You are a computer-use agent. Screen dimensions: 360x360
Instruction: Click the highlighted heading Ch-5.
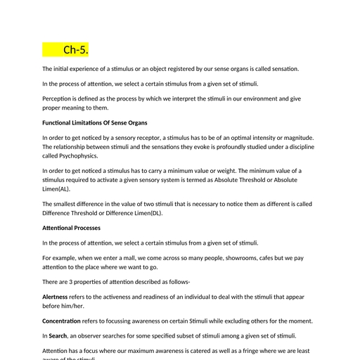pos(76,50)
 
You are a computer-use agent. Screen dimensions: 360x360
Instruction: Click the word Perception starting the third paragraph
pos(58,98)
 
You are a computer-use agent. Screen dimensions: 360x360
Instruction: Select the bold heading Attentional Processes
pos(71,228)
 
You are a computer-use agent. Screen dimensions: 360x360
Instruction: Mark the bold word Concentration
pos(65,321)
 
